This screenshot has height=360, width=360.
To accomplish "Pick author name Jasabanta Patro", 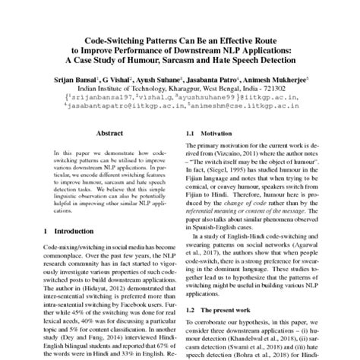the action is point(215,77).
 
